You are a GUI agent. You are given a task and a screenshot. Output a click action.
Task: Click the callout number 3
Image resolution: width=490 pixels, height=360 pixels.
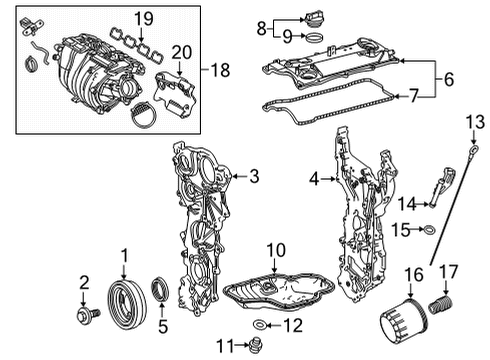[253, 177]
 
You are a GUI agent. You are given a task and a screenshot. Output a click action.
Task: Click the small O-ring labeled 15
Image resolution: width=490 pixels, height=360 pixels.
[429, 231]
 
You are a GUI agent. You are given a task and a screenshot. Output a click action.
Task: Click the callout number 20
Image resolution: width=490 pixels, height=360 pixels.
[181, 52]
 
